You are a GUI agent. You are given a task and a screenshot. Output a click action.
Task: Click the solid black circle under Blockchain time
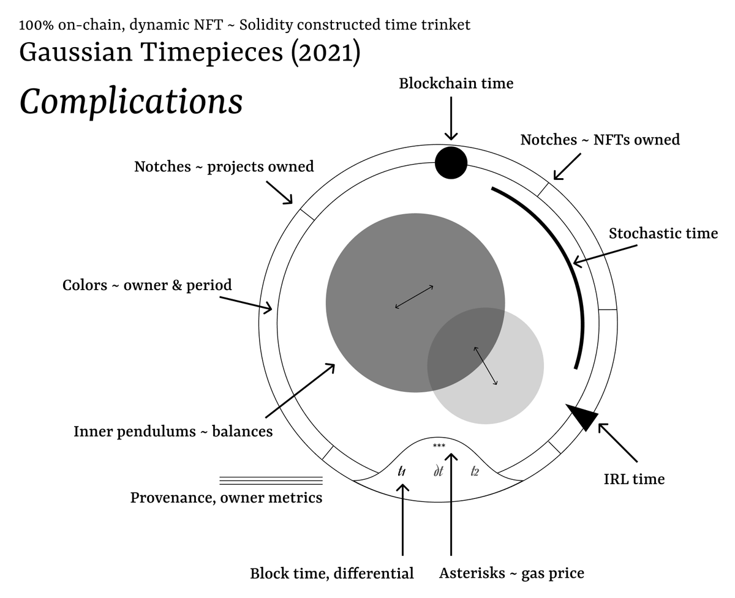(x=451, y=163)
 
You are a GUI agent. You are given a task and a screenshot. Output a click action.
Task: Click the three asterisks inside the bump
(x=439, y=446)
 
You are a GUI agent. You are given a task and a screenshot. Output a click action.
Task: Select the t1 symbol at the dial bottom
(x=402, y=471)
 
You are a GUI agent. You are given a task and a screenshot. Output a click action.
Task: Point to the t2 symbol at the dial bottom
(x=475, y=471)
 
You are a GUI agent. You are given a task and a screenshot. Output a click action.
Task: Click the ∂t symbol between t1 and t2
(x=438, y=471)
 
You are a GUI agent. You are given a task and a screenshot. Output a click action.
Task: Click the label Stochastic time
(x=663, y=233)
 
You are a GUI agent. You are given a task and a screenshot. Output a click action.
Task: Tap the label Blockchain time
(x=456, y=83)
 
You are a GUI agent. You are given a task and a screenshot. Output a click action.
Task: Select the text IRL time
(x=634, y=479)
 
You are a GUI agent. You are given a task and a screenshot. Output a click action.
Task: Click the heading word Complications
(x=131, y=102)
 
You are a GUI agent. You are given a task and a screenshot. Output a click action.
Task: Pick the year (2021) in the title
(x=325, y=53)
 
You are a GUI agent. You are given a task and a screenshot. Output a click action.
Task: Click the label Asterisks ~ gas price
(x=511, y=574)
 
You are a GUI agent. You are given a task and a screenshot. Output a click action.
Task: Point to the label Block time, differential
(x=331, y=574)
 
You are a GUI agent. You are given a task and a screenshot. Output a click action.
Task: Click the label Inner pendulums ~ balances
(x=173, y=431)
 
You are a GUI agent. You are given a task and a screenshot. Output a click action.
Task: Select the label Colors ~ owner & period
(x=147, y=285)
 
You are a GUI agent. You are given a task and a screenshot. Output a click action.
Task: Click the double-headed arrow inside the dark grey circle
(x=415, y=297)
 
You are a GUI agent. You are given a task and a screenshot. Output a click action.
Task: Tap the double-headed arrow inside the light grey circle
(x=485, y=366)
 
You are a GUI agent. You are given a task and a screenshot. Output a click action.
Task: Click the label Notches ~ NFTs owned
(x=600, y=140)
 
